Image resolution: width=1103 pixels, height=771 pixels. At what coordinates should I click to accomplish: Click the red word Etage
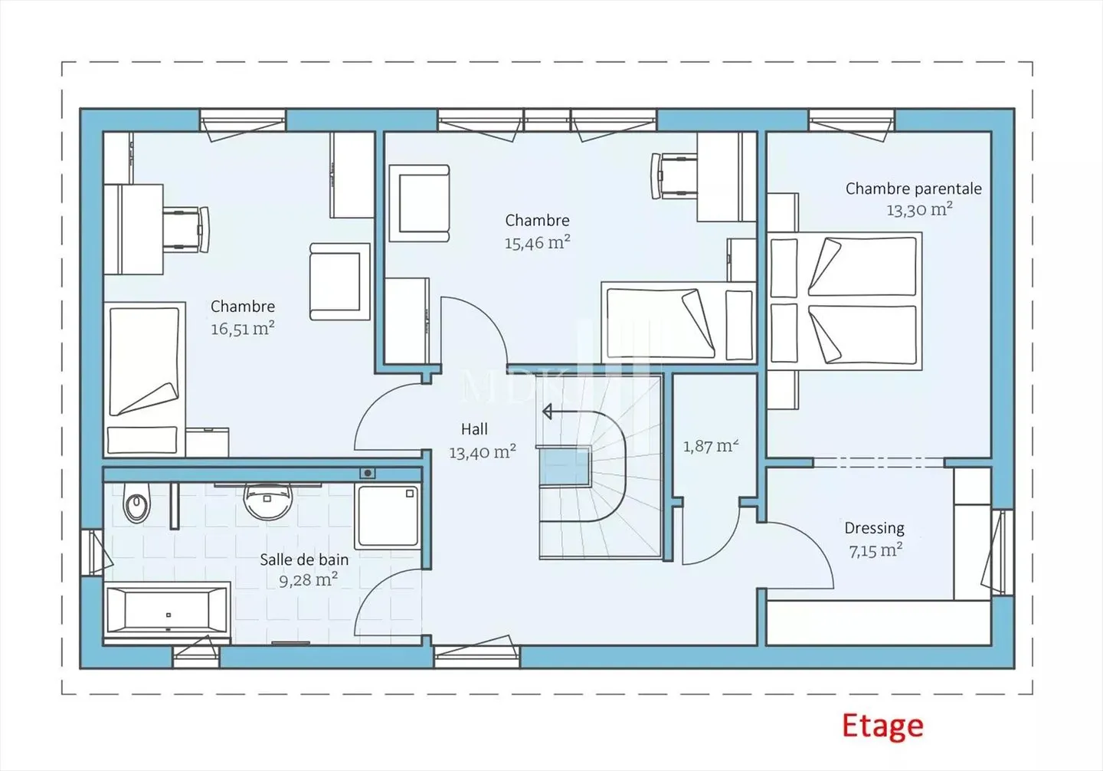coord(882,726)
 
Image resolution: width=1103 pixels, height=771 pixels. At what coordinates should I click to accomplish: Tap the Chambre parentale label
coord(913,189)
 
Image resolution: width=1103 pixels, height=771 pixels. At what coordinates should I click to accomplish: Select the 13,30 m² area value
coord(919,209)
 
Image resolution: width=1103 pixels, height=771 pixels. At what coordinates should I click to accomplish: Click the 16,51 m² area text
coord(242,328)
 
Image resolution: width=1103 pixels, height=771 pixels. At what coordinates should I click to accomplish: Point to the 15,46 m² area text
coord(537,243)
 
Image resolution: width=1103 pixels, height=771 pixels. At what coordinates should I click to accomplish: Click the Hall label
coord(474,429)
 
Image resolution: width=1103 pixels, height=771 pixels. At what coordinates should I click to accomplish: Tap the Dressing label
coord(874,528)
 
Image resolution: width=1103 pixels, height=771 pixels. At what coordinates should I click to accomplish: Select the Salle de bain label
coord(304,559)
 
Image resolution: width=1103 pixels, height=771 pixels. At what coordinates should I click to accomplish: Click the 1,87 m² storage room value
coord(710,446)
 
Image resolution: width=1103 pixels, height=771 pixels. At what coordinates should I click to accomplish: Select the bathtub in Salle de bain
coord(167,612)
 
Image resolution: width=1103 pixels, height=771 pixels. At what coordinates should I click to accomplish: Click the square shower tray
coord(388,516)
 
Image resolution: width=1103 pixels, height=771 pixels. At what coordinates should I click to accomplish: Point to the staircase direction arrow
coord(548,412)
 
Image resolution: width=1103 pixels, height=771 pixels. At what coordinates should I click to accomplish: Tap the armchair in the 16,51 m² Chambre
coord(339,281)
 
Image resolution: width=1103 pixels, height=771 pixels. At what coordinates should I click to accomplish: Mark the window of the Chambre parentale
coord(851,123)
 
